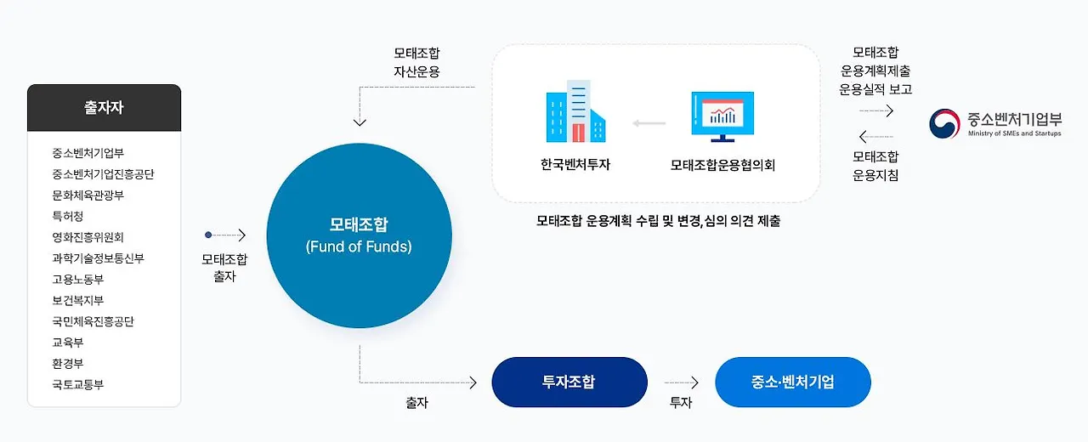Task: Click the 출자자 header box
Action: pyautogui.click(x=104, y=108)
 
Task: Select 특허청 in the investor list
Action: pyautogui.click(x=68, y=217)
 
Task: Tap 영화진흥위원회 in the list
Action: pyautogui.click(x=88, y=238)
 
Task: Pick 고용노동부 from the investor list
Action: pyautogui.click(x=77, y=280)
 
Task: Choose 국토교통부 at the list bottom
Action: pyautogui.click(x=77, y=385)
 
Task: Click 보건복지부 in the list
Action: pyautogui.click(x=77, y=301)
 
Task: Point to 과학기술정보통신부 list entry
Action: pyautogui.click(x=98, y=258)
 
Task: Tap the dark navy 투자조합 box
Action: pyautogui.click(x=569, y=382)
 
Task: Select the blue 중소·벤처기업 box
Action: pyautogui.click(x=792, y=382)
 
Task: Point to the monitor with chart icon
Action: pyautogui.click(x=722, y=116)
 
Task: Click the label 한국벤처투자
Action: pyautogui.click(x=575, y=166)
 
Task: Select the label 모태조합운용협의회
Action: pyautogui.click(x=722, y=166)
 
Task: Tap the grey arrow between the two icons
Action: pyautogui.click(x=649, y=124)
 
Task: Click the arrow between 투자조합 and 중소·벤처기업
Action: pyautogui.click(x=681, y=382)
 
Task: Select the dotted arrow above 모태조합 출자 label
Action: pyautogui.click(x=225, y=235)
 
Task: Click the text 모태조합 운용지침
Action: pyautogui.click(x=875, y=166)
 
